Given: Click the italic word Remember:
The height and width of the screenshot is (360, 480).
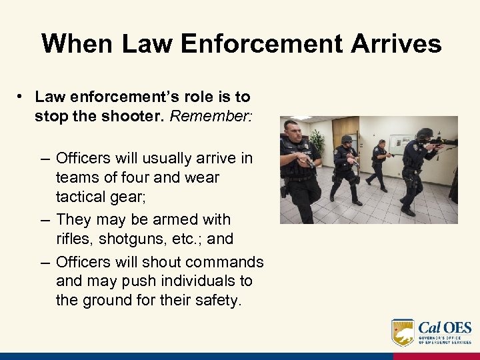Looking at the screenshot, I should [x=211, y=116].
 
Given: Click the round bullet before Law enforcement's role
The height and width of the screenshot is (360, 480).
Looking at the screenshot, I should [x=22, y=97].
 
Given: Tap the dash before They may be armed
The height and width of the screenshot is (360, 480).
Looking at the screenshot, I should [x=45, y=219].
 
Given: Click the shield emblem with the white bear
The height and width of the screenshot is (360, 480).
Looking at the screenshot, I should [x=403, y=331].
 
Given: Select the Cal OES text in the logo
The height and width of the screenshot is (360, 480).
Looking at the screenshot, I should [x=445, y=327].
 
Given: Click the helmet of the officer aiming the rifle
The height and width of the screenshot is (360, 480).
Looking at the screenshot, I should [x=424, y=133].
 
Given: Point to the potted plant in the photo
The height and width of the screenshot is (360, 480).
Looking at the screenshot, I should [x=317, y=141].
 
